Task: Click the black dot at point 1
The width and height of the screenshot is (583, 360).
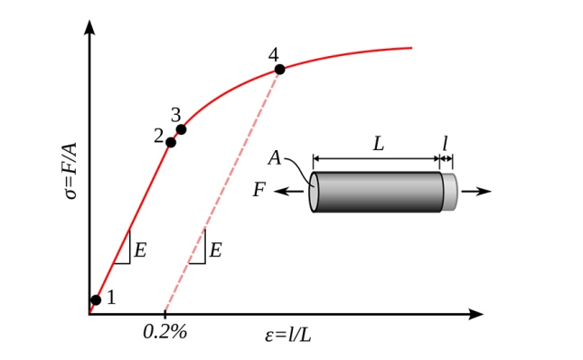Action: tap(96, 299)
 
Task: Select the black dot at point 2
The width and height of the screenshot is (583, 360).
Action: tap(171, 142)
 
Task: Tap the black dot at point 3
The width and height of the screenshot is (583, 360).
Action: tap(181, 129)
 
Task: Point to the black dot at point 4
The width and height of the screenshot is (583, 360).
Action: tap(279, 69)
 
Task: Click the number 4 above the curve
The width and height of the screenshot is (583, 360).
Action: tap(273, 55)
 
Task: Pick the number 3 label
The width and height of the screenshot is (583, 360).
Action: tap(176, 115)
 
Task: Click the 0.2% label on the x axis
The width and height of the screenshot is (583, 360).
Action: tap(165, 331)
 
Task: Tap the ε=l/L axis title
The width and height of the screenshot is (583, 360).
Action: tap(288, 335)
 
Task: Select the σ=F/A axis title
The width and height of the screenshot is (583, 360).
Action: tap(71, 171)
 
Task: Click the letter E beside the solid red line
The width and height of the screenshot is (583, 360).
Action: tap(140, 250)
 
